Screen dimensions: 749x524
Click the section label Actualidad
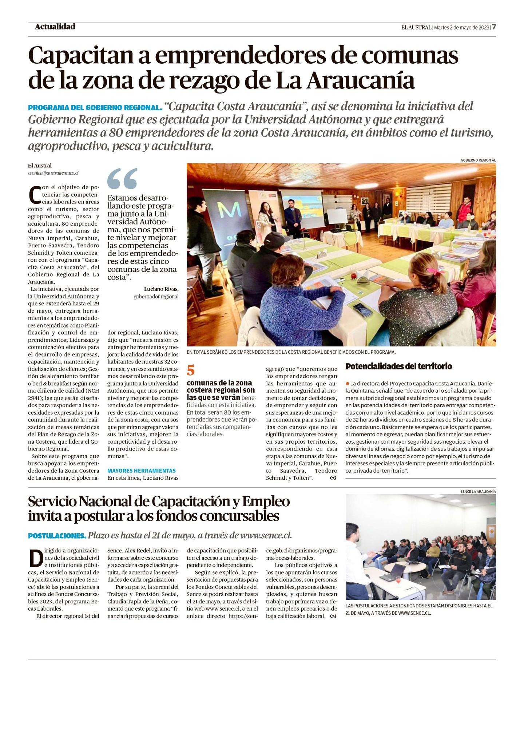click(x=55, y=27)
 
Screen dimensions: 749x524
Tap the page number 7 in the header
click(x=494, y=27)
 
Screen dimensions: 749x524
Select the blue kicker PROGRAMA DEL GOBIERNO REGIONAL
click(x=95, y=108)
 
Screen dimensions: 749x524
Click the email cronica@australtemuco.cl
click(x=53, y=173)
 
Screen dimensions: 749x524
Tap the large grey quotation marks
click(x=123, y=179)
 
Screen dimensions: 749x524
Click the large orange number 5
click(x=191, y=370)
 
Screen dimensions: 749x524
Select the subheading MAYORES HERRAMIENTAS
click(x=141, y=471)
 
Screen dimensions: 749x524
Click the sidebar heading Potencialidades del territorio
click(x=398, y=366)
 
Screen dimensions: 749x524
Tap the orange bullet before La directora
click(x=348, y=384)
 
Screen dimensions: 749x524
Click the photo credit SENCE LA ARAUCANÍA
click(x=478, y=491)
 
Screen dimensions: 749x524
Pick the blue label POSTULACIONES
click(x=57, y=536)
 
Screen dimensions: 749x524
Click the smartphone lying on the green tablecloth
click(x=363, y=309)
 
